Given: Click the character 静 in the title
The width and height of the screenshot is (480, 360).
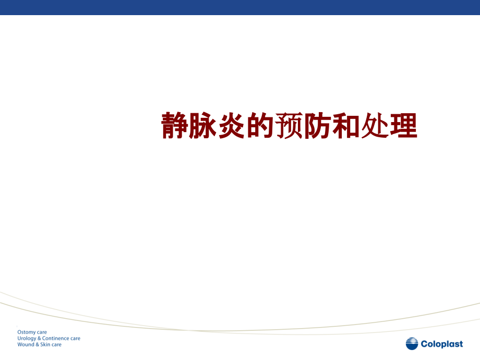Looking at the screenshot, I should click(x=175, y=126).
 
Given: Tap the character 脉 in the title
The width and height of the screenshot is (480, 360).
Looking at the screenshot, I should click(x=203, y=126).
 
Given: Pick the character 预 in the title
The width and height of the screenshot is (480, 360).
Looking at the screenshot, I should click(x=289, y=126).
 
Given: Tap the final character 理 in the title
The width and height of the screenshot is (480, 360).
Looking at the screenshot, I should click(x=403, y=126).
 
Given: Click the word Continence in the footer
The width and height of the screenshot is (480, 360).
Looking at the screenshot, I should click(x=56, y=339).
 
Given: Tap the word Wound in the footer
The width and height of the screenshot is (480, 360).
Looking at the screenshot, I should click(x=26, y=345).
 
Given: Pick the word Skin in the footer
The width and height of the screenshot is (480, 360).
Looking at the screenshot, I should click(x=45, y=345).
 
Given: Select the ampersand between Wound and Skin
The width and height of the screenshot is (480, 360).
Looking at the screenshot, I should click(x=37, y=345).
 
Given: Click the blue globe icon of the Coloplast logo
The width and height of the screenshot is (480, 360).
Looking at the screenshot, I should click(x=412, y=344).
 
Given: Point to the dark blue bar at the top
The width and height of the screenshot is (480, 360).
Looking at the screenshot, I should click(x=240, y=7).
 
